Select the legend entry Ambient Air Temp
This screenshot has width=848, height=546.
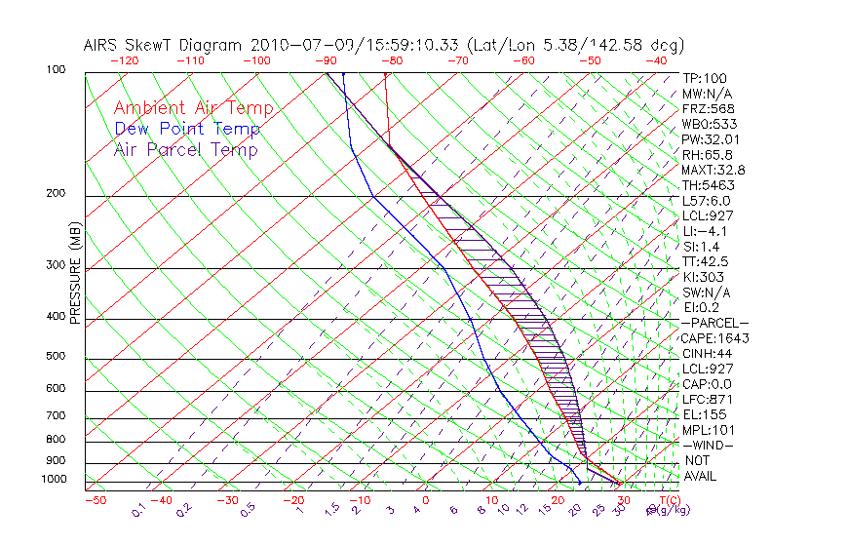[193, 108]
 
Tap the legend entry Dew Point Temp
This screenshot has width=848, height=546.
[187, 129]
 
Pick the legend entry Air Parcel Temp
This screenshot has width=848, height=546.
[185, 149]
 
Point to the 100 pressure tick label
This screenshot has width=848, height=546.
[56, 70]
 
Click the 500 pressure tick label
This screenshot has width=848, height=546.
[56, 357]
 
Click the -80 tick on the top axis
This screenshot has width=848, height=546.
[390, 59]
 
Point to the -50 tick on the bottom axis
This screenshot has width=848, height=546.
[95, 501]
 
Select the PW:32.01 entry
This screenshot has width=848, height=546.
[707, 139]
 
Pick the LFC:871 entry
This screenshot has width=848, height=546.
[707, 399]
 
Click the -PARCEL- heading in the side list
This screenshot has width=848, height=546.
[715, 323]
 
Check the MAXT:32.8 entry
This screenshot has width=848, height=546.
[711, 170]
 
